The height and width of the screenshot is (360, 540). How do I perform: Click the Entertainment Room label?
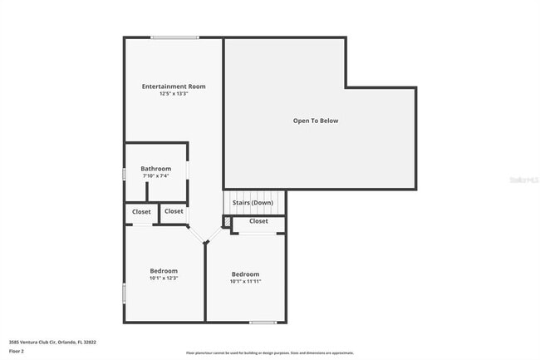pyautogui.click(x=174, y=86)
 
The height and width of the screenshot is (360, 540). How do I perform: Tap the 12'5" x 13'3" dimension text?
pyautogui.click(x=174, y=94)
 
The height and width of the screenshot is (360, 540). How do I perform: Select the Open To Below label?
pyautogui.click(x=316, y=121)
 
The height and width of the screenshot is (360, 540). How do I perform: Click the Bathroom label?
pyautogui.click(x=155, y=169)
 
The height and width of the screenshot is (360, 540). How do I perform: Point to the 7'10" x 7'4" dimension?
pyautogui.click(x=155, y=175)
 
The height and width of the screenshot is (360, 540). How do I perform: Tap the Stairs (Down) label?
pyautogui.click(x=253, y=203)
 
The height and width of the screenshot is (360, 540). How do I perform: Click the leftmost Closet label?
pyautogui.click(x=141, y=212)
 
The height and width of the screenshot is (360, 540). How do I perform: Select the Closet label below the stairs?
pyautogui.click(x=258, y=221)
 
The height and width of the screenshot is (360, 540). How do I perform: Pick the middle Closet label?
pyautogui.click(x=174, y=211)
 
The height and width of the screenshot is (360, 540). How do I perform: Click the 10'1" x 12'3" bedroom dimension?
pyautogui.click(x=164, y=278)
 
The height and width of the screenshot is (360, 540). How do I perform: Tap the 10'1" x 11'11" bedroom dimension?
pyautogui.click(x=245, y=281)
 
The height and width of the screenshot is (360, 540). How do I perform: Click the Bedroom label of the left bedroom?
pyautogui.click(x=164, y=271)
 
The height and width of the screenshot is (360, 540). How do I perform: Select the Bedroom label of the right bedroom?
pyautogui.click(x=245, y=274)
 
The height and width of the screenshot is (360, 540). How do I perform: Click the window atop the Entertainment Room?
pyautogui.click(x=174, y=37)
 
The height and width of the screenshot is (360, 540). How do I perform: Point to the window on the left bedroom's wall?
pyautogui.click(x=125, y=293)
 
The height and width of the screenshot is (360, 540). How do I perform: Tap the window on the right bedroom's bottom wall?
pyautogui.click(x=263, y=323)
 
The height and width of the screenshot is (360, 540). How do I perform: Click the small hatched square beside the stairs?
pyautogui.click(x=227, y=221)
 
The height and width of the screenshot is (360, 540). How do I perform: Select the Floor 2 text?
pyautogui.click(x=17, y=352)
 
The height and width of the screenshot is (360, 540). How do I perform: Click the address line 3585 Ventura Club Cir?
pyautogui.click(x=52, y=342)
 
